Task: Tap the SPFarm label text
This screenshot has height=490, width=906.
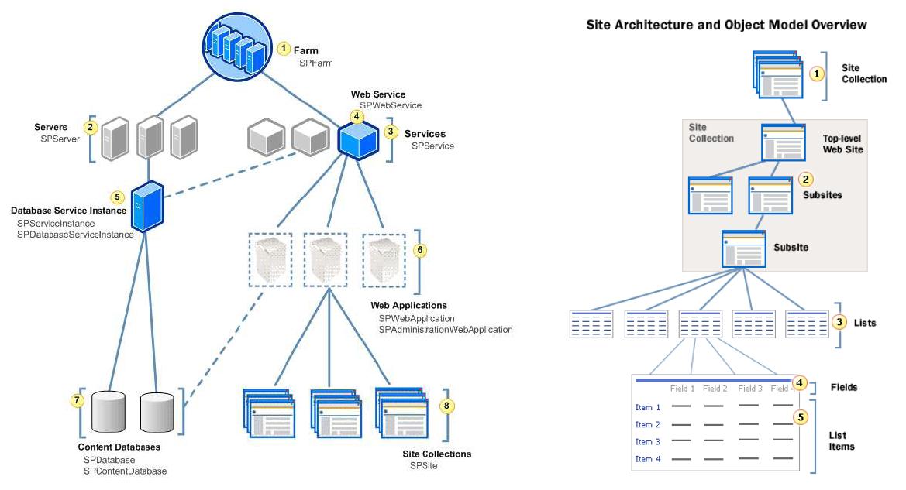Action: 317,63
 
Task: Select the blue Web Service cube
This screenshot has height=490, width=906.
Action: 357,140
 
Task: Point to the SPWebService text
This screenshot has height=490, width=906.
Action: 391,105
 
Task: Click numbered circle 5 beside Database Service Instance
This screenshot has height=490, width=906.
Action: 118,197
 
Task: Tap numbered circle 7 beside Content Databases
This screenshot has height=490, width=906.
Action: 76,400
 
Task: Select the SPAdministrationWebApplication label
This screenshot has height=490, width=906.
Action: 446,329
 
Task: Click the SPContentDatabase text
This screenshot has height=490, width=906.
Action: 126,470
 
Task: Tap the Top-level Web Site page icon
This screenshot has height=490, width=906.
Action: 784,142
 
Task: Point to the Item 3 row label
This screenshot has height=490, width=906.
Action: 648,442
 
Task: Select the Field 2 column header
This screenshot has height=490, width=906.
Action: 714,389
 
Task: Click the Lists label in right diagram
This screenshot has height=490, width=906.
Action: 864,322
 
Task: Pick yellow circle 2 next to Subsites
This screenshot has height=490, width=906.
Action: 806,180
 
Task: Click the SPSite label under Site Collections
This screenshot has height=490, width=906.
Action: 424,465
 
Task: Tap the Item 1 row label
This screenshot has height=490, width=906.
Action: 648,407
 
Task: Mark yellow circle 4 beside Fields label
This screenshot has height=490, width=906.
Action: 801,382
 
